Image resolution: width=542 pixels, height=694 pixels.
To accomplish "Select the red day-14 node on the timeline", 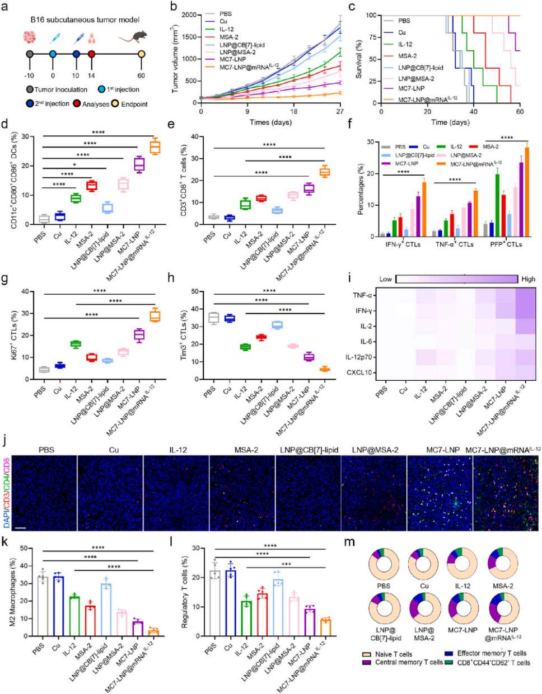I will pos(91,54).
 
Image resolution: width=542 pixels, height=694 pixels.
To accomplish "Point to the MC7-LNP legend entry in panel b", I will pos(232,59).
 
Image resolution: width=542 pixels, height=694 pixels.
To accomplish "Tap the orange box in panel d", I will pos(155,147).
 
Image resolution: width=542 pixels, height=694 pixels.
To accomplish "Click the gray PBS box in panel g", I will pos(44,369).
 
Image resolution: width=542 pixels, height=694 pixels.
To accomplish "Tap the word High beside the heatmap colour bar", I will pos(528,279).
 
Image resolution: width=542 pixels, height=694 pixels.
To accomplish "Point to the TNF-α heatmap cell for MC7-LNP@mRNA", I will pos(525,295).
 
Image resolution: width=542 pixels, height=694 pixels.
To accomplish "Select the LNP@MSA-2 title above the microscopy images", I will pos(375,450).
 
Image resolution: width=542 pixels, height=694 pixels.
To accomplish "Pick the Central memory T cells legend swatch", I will pos(367,663).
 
